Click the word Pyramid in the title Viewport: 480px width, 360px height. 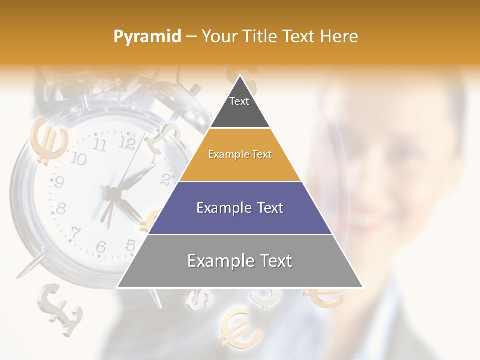coord(147,37)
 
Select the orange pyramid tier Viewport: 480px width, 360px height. coord(240,155)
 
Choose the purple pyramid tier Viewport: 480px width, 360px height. coord(240,208)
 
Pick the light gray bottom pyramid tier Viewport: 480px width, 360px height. coord(240,261)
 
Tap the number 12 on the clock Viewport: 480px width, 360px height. coord(128,144)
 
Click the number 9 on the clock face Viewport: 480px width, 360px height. coord(59,182)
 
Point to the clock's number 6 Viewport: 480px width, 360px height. coord(101,247)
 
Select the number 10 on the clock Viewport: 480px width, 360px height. coord(78,159)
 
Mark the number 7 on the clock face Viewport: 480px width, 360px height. coord(75,233)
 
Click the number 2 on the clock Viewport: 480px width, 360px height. coord(166,178)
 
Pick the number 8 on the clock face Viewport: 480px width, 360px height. coord(61,208)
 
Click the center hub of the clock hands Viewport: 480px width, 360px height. coord(113,192)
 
